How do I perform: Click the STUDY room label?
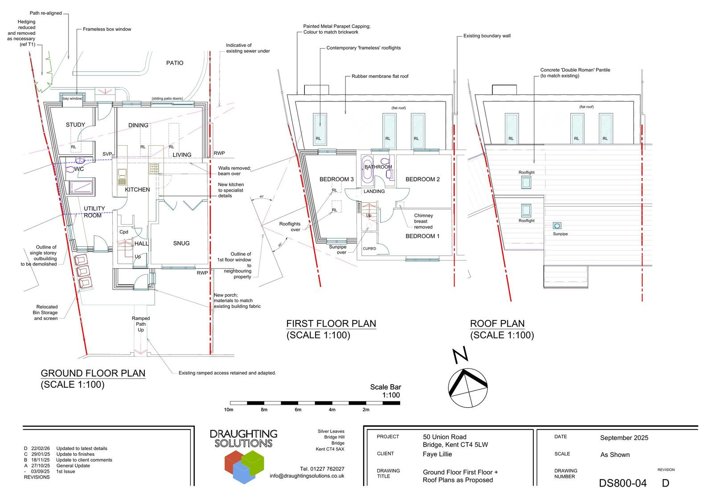pyautogui.click(x=75, y=125)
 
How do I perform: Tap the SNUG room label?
pyautogui.click(x=181, y=243)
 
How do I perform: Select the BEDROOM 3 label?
pyautogui.click(x=336, y=180)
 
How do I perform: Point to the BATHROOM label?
pyautogui.click(x=378, y=167)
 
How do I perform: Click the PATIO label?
pyautogui.click(x=175, y=63)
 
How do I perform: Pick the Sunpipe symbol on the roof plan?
pyautogui.click(x=557, y=225)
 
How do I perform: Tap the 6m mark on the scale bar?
pyautogui.click(x=298, y=410)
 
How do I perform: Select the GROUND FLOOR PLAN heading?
pyautogui.click(x=93, y=373)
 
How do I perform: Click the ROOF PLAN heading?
pyautogui.click(x=497, y=324)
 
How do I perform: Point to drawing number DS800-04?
pyautogui.click(x=623, y=483)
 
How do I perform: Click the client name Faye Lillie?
pyautogui.click(x=437, y=454)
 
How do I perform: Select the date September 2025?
pyautogui.click(x=624, y=438)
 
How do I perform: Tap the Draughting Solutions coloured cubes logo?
pyautogui.click(x=243, y=466)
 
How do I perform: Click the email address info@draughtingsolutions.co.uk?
pyautogui.click(x=307, y=476)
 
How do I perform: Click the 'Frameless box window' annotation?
pyautogui.click(x=107, y=29)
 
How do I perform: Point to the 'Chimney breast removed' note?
pyautogui.click(x=423, y=221)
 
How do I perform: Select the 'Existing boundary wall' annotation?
pyautogui.click(x=487, y=36)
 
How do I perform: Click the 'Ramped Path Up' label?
pyautogui.click(x=141, y=324)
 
